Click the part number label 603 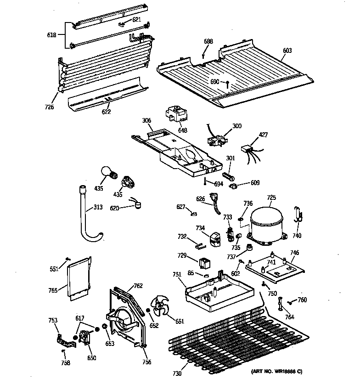[x=287, y=51]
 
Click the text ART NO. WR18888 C [x=277, y=370]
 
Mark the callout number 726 [x=49, y=107]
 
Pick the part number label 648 [x=182, y=130]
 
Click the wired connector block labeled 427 [x=248, y=150]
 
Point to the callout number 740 [x=297, y=236]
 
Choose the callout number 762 [x=137, y=286]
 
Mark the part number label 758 [x=66, y=363]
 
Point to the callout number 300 [x=237, y=126]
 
